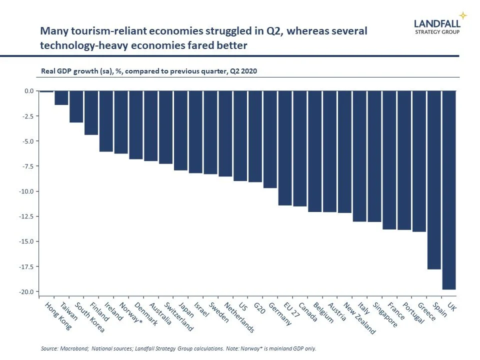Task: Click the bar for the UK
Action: point(448,190)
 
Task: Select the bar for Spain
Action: point(434,180)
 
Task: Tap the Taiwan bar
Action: point(61,98)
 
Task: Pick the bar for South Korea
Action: point(76,106)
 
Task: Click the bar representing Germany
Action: point(270,139)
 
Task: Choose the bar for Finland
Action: point(91,113)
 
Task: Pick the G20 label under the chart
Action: point(258,309)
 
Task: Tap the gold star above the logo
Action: point(463,14)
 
